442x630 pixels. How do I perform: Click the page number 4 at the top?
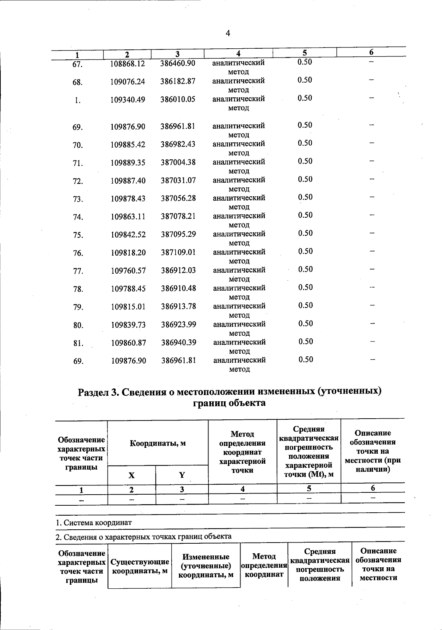[x=228, y=34]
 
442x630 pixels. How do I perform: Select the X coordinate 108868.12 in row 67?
[x=127, y=63]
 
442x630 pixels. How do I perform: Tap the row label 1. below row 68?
[x=77, y=100]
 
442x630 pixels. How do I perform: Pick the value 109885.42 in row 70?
[x=128, y=145]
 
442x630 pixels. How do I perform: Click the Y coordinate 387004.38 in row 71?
[x=178, y=162]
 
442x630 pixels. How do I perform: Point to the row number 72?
[x=78, y=181]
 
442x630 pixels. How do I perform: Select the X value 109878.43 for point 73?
[x=128, y=198]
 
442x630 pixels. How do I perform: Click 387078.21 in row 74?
[x=178, y=217]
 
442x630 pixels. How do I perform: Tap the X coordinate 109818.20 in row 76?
[x=128, y=253]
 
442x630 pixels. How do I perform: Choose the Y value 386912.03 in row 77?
[x=178, y=271]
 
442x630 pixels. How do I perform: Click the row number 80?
[x=78, y=325]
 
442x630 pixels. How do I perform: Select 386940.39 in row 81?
[x=179, y=343]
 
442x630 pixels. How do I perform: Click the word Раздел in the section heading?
[x=93, y=392]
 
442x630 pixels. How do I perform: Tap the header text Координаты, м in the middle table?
[x=158, y=443]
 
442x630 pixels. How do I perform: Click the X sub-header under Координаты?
[x=131, y=475]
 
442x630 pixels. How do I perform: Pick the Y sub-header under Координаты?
[x=182, y=475]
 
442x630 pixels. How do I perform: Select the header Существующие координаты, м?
[x=140, y=567]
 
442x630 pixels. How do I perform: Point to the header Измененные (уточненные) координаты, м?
[x=206, y=566]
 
